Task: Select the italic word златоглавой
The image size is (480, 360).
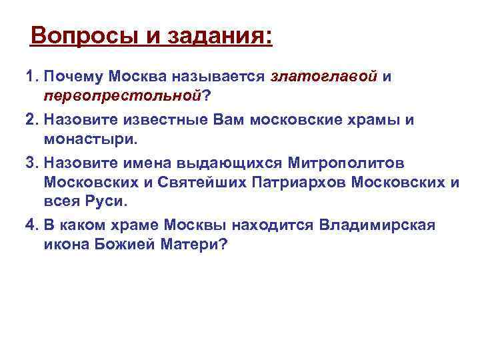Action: coord(324,77)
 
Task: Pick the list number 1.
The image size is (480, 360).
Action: coord(31,77)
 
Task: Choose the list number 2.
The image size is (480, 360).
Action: coord(31,120)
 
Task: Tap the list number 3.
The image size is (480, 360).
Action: coord(31,163)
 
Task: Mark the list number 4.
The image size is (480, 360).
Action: coord(31,225)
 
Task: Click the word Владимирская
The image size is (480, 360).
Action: coord(377,225)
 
